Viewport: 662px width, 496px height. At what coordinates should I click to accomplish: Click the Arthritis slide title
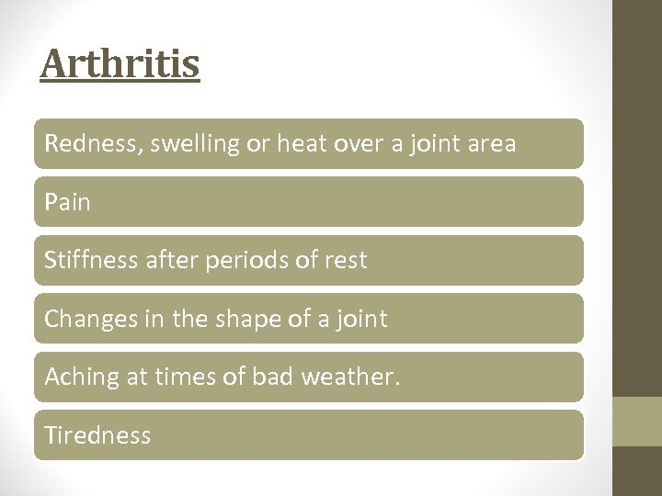(x=120, y=64)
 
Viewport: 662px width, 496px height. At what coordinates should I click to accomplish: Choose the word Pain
(x=68, y=202)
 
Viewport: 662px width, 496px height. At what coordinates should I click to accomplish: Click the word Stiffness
(x=90, y=260)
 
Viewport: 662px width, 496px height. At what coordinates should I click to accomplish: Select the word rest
(x=347, y=261)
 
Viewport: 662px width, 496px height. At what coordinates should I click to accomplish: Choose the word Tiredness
(x=97, y=435)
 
